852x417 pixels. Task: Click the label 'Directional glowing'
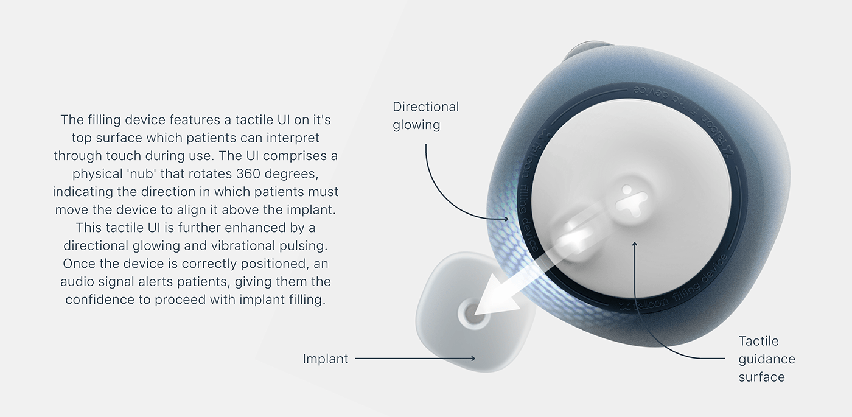pyautogui.click(x=425, y=116)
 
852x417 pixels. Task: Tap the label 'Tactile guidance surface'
pyautogui.click(x=766, y=359)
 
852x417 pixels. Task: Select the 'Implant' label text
pyautogui.click(x=326, y=359)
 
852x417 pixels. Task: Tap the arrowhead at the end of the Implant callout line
pyautogui.click(x=475, y=359)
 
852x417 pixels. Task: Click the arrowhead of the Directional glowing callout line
pyautogui.click(x=507, y=217)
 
